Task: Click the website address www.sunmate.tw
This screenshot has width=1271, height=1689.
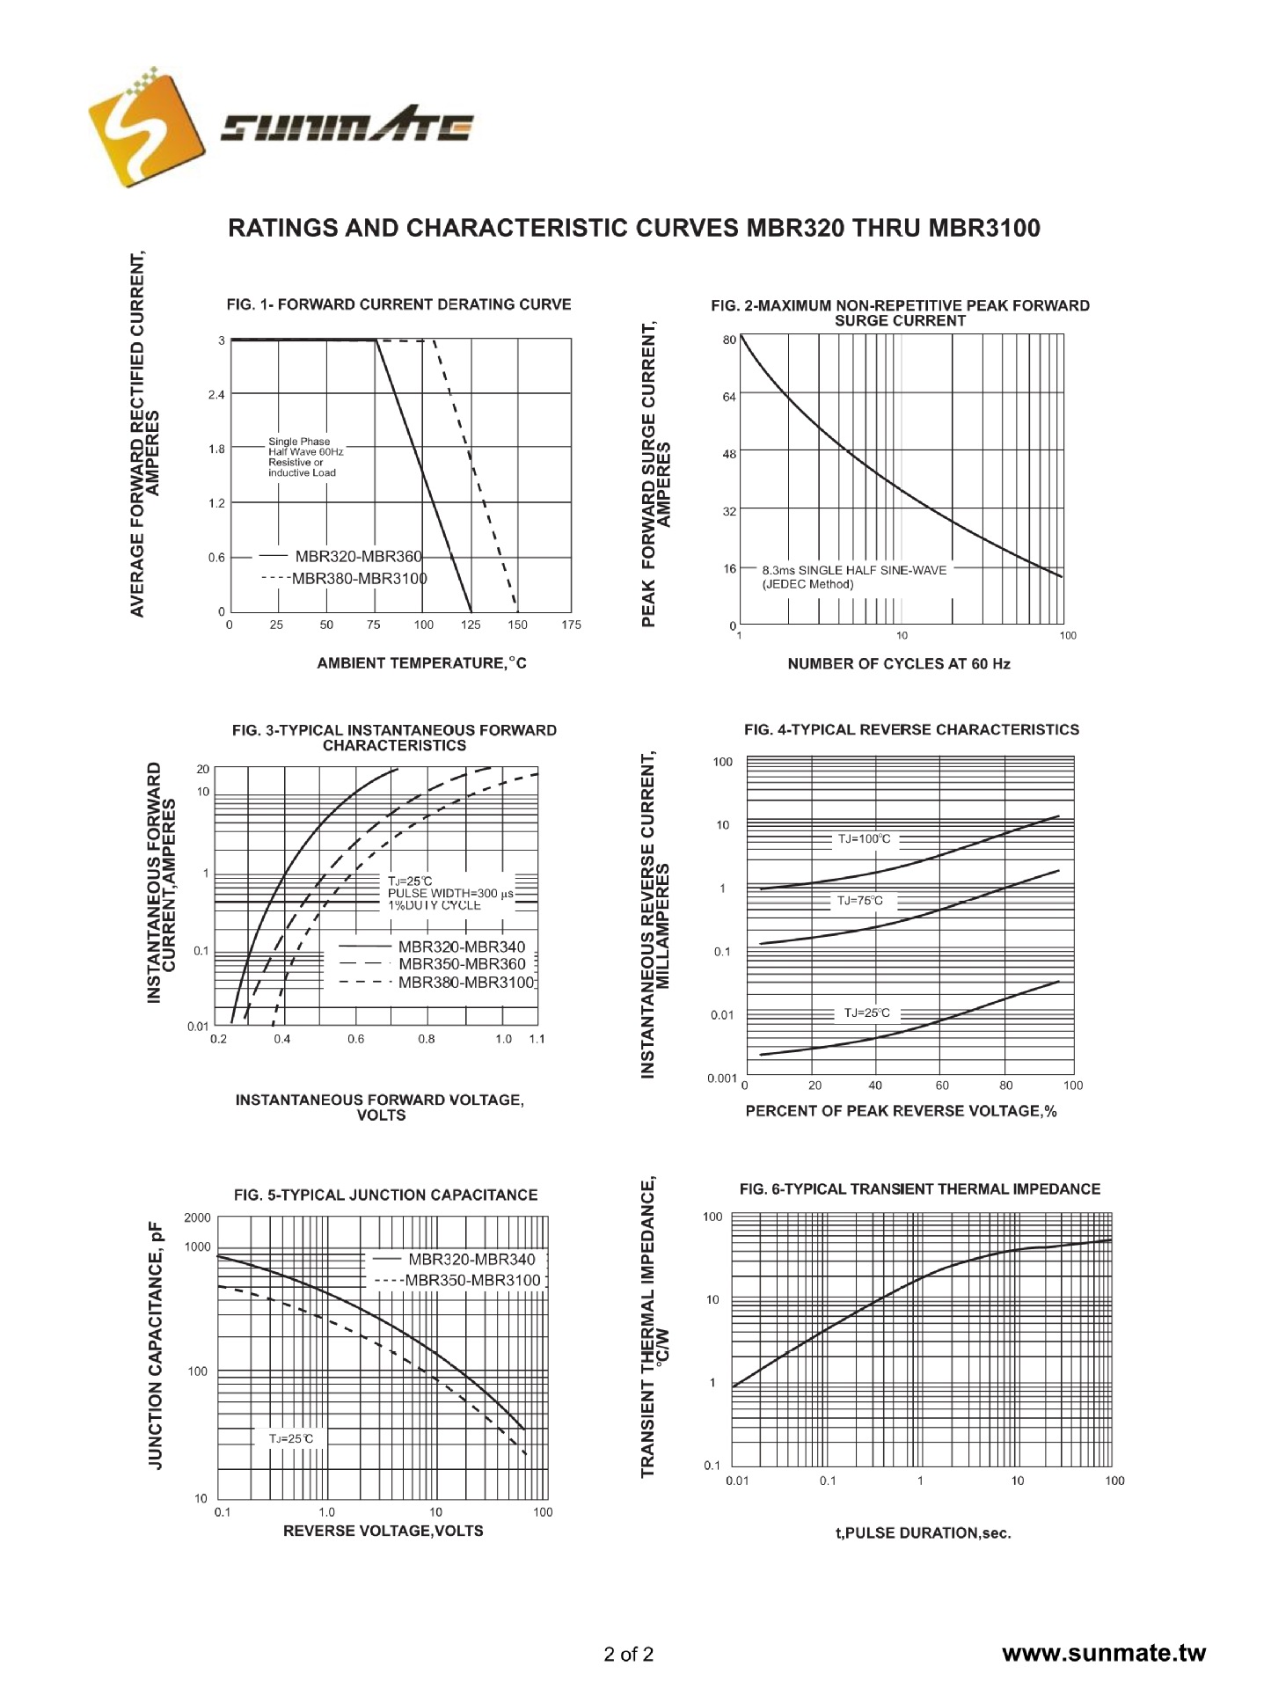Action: click(x=1104, y=1653)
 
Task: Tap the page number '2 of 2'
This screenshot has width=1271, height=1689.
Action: click(x=629, y=1654)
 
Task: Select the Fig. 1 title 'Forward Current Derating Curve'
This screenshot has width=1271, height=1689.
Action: click(x=398, y=304)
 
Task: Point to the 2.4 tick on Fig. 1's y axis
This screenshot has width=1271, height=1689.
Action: click(x=216, y=395)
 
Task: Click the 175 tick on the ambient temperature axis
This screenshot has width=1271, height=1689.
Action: click(x=571, y=625)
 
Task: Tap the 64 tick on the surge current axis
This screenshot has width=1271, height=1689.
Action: click(x=729, y=398)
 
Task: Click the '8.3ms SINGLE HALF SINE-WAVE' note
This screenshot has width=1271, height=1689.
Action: click(x=854, y=570)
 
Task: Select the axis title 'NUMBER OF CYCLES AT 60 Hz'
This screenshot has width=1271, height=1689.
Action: click(x=898, y=664)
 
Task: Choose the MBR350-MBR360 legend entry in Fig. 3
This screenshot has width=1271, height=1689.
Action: click(x=462, y=964)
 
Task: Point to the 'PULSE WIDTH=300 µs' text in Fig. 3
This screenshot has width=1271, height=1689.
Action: click(x=450, y=893)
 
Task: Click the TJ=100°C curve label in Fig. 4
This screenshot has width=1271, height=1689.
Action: click(x=863, y=839)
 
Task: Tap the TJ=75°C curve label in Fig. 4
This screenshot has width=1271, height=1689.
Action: click(x=859, y=901)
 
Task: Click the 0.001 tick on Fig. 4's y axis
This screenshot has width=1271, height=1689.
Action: click(x=722, y=1078)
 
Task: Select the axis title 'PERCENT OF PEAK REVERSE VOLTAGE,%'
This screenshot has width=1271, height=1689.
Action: click(x=901, y=1111)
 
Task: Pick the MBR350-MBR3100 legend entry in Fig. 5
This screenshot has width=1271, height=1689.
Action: click(x=472, y=1280)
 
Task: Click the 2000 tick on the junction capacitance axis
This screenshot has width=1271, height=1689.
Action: click(x=198, y=1218)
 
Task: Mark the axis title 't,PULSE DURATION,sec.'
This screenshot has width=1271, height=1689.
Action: click(x=923, y=1533)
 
